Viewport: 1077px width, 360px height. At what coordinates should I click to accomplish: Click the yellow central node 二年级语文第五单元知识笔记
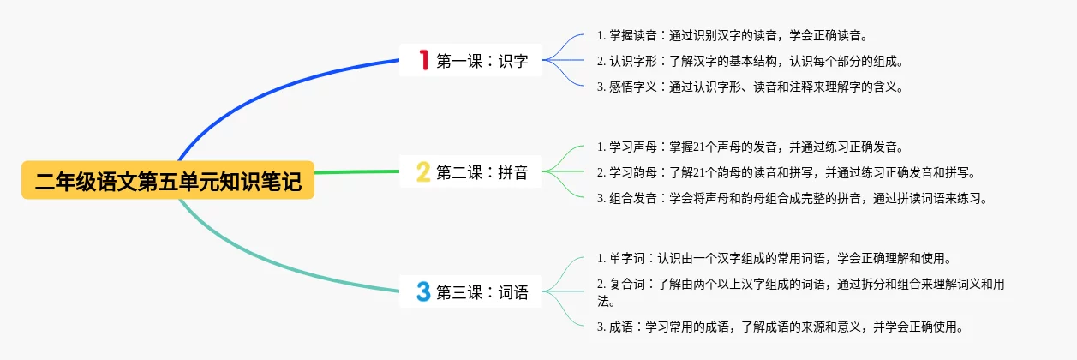pyautogui.click(x=168, y=181)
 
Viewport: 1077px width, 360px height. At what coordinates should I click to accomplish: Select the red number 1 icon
pyautogui.click(x=422, y=60)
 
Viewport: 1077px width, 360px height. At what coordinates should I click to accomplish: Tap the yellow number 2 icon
pyautogui.click(x=422, y=172)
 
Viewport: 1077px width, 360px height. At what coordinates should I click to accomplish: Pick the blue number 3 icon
pyautogui.click(x=422, y=292)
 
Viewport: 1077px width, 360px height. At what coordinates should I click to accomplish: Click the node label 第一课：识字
pyautogui.click(x=482, y=61)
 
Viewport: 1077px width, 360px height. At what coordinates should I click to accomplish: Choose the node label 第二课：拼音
pyautogui.click(x=482, y=172)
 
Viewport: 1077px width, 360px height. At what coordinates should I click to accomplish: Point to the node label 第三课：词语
pyautogui.click(x=482, y=292)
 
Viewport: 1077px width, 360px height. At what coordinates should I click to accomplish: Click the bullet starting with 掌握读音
pyautogui.click(x=732, y=36)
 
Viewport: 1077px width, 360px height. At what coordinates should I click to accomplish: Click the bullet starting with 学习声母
pyautogui.click(x=750, y=147)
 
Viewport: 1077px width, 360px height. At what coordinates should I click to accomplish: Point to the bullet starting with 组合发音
pyautogui.click(x=792, y=198)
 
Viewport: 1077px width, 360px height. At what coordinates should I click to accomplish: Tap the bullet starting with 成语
pyautogui.click(x=780, y=327)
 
